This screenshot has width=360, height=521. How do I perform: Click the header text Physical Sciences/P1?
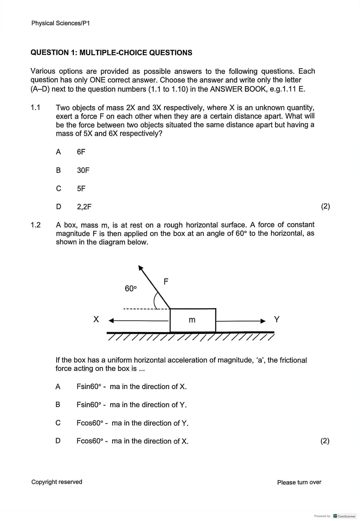[60, 23]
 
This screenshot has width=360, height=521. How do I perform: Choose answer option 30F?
[83, 170]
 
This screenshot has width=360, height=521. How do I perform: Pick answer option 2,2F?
[84, 207]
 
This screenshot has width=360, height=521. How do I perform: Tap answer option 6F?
[81, 152]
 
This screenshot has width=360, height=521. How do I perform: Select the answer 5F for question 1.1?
[81, 188]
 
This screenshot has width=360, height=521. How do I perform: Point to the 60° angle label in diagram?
[130, 289]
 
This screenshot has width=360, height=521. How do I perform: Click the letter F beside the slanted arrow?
[166, 282]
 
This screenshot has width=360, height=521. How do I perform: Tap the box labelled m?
[193, 320]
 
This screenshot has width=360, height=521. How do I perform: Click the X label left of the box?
[96, 319]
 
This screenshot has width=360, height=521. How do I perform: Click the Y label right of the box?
[277, 319]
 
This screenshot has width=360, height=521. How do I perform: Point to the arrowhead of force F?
[140, 268]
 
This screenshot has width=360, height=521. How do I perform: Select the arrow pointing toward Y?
[240, 321]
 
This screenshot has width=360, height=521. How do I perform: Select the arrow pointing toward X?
[138, 321]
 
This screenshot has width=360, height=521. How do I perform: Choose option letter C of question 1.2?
[58, 423]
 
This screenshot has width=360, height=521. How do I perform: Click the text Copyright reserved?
[57, 482]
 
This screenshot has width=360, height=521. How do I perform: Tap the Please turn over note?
[299, 482]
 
